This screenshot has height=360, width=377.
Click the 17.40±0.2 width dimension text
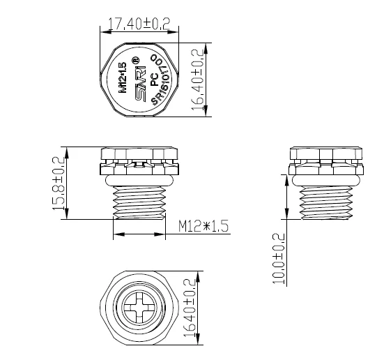click(138, 24)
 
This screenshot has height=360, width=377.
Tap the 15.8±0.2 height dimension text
click(60, 183)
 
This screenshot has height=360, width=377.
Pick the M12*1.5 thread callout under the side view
click(203, 226)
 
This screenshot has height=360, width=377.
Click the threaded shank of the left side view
click(139, 202)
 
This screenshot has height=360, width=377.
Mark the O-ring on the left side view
click(139, 180)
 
